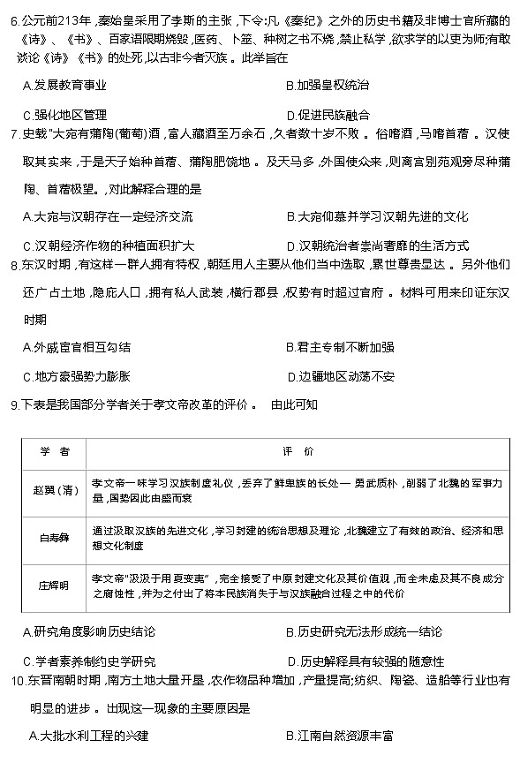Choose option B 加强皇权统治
coord(328,86)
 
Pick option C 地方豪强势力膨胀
coord(77,376)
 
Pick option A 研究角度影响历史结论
coord(89,632)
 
